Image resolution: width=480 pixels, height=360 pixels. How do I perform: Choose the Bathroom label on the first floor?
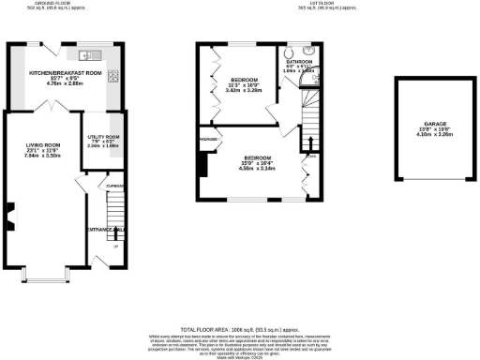[299, 61]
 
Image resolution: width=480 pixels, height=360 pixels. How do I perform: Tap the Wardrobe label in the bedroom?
[209, 139]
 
